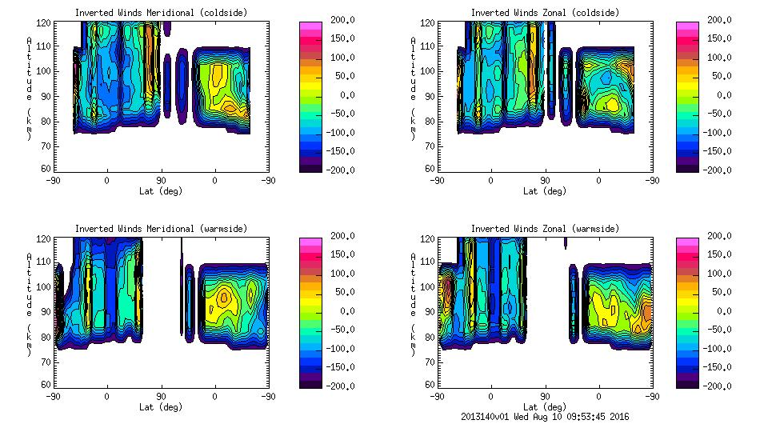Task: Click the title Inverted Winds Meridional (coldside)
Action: pos(161,13)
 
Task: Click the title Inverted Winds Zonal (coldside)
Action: pos(545,13)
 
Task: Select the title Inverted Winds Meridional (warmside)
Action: pos(161,229)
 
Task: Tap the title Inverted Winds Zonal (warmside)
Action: pos(545,229)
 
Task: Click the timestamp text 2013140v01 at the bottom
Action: pos(486,417)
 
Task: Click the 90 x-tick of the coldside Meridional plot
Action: pos(161,181)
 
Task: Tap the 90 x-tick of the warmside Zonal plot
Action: pos(545,397)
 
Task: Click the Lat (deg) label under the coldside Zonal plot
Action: pos(545,191)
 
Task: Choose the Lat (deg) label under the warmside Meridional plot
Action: pos(161,407)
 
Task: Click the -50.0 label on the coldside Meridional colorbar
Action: pos(342,114)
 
